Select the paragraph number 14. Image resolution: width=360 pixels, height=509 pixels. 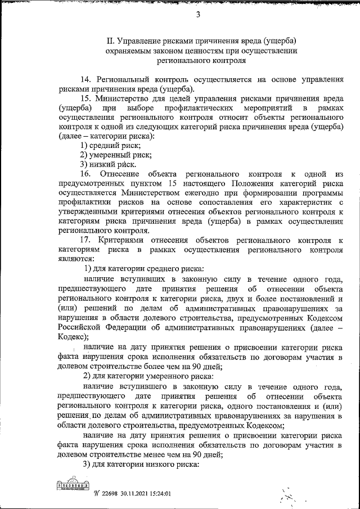(x=87, y=79)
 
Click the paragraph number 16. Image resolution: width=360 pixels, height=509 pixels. (x=87, y=174)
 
